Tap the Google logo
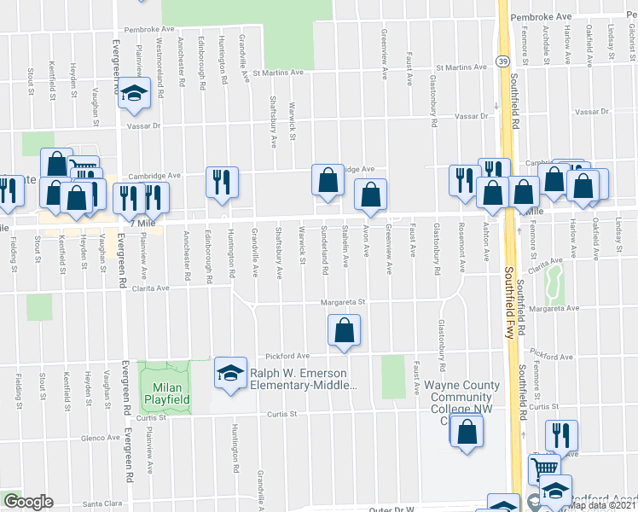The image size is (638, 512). [28, 502]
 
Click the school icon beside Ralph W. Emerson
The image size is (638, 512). [229, 373]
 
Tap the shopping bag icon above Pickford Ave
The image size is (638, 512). [344, 330]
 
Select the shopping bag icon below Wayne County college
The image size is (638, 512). [467, 432]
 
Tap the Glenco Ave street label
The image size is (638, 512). [100, 437]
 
